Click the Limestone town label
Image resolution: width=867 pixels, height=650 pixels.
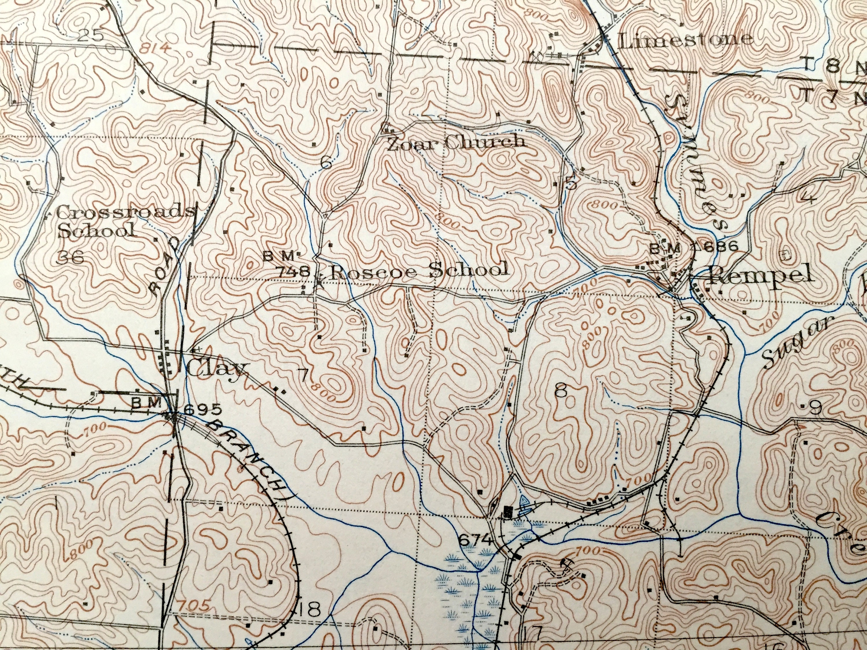(684, 40)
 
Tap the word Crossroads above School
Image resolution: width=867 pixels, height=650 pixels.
(125, 213)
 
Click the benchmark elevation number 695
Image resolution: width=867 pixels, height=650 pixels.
(198, 409)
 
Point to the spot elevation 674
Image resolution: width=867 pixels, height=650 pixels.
(475, 540)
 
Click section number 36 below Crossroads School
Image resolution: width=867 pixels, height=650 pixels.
(71, 257)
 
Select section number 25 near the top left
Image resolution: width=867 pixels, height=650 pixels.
(90, 36)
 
